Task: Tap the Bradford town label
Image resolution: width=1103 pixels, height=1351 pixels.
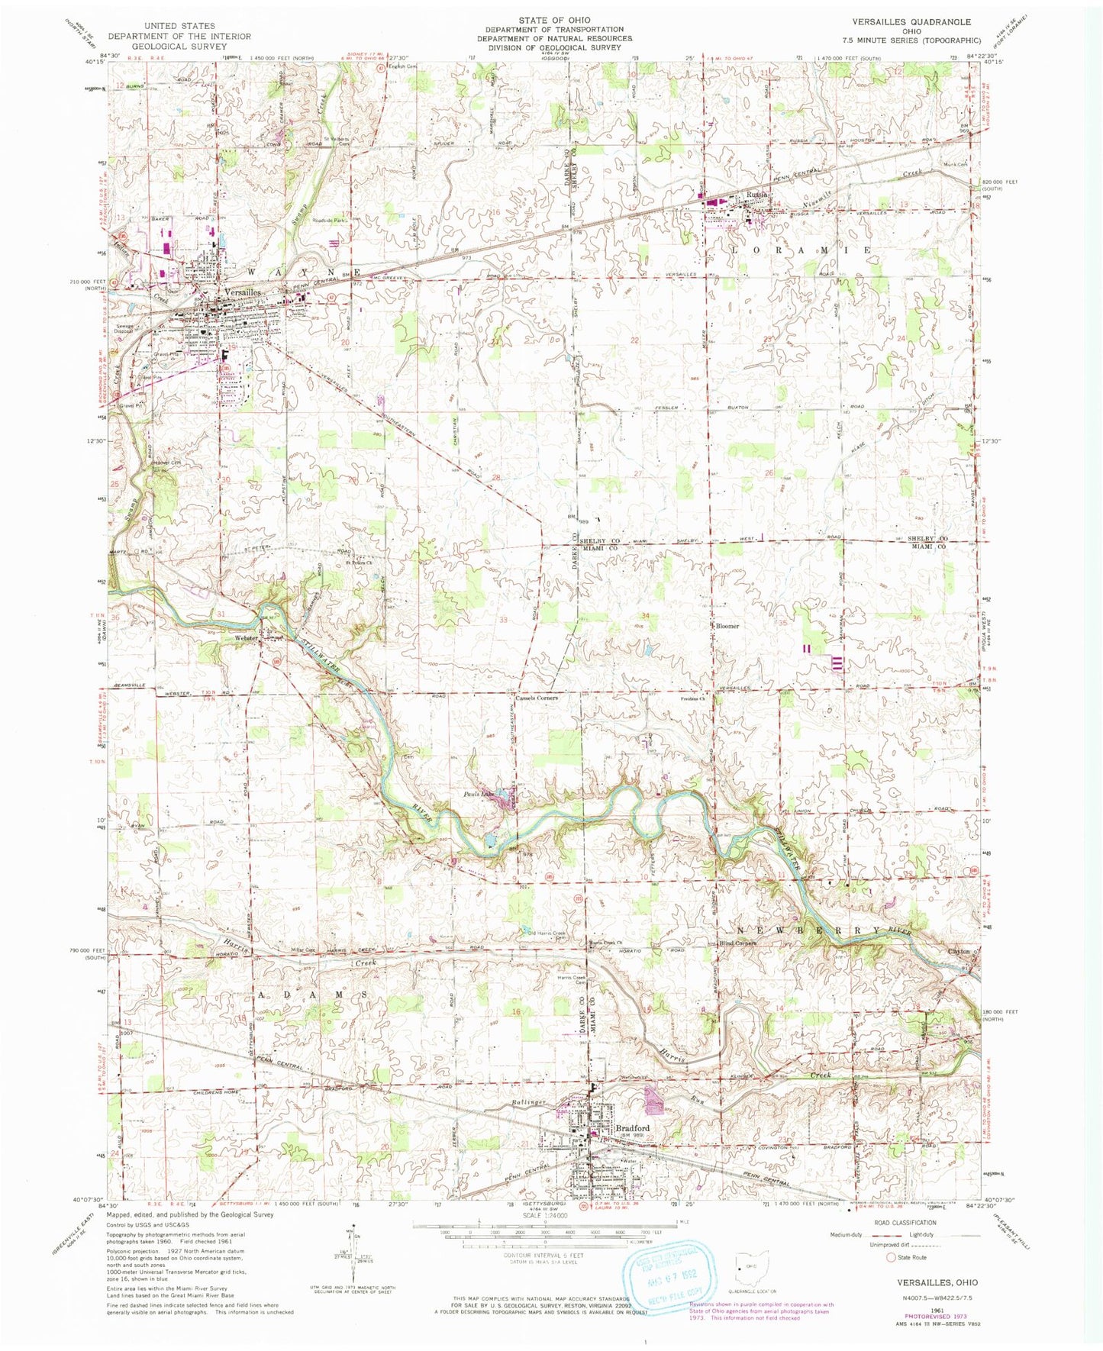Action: tap(633, 1128)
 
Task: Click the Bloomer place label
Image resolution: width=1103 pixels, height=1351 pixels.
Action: tap(727, 626)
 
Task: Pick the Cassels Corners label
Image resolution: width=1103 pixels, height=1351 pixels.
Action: tap(537, 698)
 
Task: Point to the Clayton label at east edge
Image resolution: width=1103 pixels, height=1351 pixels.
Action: tap(959, 952)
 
